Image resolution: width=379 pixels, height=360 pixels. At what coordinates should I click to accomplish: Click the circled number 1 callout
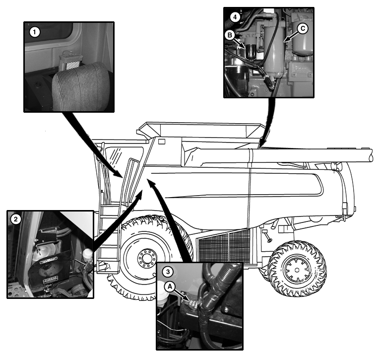pyautogui.click(x=35, y=32)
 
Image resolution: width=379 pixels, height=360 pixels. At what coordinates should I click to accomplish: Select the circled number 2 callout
pyautogui.click(x=16, y=219)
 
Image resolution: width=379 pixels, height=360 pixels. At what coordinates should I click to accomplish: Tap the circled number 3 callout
pyautogui.click(x=168, y=272)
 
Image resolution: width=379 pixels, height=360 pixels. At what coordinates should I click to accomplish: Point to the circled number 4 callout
pyautogui.click(x=235, y=17)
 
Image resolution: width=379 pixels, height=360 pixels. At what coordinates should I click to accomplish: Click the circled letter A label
pyautogui.click(x=170, y=287)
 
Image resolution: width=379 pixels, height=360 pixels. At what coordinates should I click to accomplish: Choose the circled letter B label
pyautogui.click(x=230, y=35)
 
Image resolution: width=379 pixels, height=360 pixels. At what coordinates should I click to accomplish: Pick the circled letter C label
pyautogui.click(x=303, y=28)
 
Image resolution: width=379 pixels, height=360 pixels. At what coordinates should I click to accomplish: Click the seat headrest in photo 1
pyautogui.click(x=81, y=86)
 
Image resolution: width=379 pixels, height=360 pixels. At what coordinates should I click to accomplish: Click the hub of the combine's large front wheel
pyautogui.click(x=146, y=258)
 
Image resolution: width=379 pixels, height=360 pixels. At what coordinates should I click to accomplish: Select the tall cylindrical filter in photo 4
pyautogui.click(x=274, y=52)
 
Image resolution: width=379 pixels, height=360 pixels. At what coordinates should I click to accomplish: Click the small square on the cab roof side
pyautogui.click(x=161, y=142)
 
